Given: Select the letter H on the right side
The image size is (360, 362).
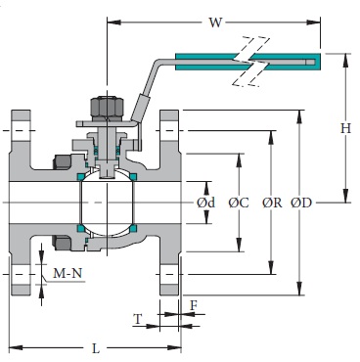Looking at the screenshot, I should pyautogui.click(x=344, y=127).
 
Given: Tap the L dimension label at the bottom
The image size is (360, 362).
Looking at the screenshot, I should pyautogui.click(x=94, y=347).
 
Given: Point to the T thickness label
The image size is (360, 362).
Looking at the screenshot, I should pyautogui.click(x=137, y=319).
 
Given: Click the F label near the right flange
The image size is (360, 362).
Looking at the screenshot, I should pyautogui.click(x=194, y=305).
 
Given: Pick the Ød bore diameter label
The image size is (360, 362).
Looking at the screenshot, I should pyautogui.click(x=205, y=203).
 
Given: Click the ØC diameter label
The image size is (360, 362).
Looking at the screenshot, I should pyautogui.click(x=238, y=203).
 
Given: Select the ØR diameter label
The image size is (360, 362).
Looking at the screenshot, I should pyautogui.click(x=271, y=203).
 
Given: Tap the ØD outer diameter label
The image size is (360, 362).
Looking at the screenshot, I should pyautogui.click(x=301, y=203).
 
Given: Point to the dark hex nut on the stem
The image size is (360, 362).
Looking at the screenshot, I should pyautogui.click(x=104, y=106).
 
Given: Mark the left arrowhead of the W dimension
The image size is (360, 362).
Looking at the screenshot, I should pyautogui.click(x=108, y=21).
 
